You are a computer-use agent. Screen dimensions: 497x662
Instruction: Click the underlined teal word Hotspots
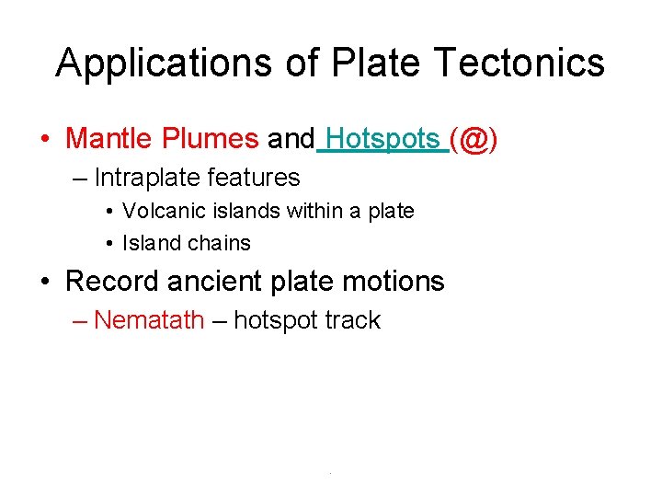click(x=382, y=139)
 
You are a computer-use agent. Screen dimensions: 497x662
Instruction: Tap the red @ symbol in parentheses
click(x=473, y=140)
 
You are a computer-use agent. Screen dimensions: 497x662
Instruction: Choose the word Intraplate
click(x=149, y=177)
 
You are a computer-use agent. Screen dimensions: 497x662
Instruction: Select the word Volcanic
click(x=156, y=211)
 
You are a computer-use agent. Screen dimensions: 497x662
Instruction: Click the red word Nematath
click(x=149, y=320)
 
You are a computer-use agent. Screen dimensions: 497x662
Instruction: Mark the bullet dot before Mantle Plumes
click(x=45, y=140)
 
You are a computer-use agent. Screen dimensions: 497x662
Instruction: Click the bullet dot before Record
click(x=45, y=282)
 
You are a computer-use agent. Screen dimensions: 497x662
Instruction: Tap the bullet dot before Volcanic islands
click(x=109, y=212)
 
